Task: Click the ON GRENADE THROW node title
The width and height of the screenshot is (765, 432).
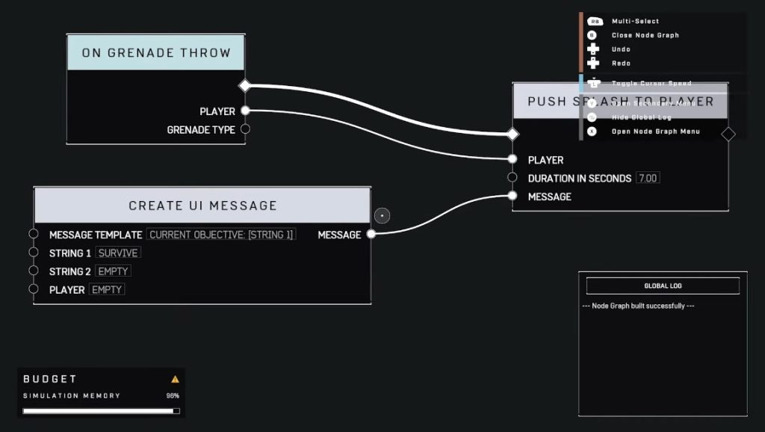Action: click(156, 53)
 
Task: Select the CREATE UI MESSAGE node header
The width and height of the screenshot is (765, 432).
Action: click(202, 206)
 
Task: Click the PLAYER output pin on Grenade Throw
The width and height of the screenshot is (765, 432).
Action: click(245, 111)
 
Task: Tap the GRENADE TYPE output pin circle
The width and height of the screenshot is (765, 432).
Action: click(245, 129)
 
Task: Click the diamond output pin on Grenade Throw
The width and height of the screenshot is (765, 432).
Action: click(244, 86)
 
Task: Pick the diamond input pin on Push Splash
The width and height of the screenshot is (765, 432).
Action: click(512, 135)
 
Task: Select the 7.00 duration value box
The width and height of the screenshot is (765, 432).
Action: click(648, 178)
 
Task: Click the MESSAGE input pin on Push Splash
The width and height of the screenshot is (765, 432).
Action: click(512, 197)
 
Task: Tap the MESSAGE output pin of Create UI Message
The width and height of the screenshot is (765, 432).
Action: click(371, 235)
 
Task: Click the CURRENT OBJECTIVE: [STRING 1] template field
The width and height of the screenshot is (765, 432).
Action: click(221, 235)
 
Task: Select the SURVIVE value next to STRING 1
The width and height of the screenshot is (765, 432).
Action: click(118, 253)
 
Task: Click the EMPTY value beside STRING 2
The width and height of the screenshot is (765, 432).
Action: click(114, 271)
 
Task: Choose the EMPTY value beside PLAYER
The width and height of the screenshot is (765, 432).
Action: click(107, 289)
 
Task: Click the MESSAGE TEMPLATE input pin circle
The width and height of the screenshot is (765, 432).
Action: click(34, 235)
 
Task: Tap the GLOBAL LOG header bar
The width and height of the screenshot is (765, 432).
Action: click(663, 286)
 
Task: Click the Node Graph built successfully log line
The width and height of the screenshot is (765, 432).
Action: click(638, 306)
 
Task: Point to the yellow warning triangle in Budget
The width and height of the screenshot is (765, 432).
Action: click(175, 379)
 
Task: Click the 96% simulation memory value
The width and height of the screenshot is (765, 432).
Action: click(173, 395)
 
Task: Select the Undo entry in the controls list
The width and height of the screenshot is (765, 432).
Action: click(620, 49)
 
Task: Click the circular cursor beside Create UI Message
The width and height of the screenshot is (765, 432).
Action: click(382, 216)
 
